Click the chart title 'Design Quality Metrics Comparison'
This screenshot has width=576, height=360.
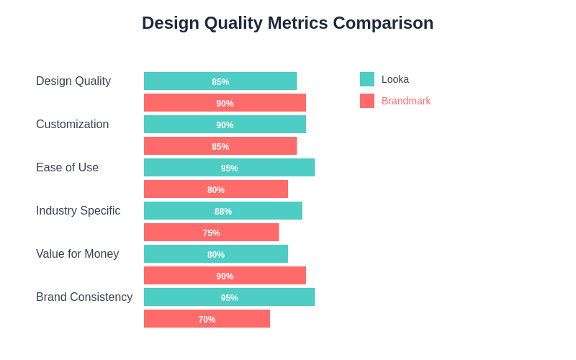click(287, 23)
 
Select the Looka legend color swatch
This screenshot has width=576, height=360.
click(367, 79)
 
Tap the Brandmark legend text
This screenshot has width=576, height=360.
click(406, 101)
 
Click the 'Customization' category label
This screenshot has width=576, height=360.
click(72, 125)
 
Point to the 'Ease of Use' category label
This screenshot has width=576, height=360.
click(67, 168)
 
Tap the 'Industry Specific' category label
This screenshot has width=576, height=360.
click(78, 211)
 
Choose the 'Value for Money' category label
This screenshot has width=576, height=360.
click(77, 254)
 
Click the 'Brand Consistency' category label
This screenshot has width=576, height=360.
click(84, 297)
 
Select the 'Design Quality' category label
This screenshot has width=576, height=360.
click(73, 81)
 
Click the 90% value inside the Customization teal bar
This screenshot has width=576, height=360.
click(225, 125)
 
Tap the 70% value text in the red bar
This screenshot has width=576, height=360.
click(207, 320)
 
